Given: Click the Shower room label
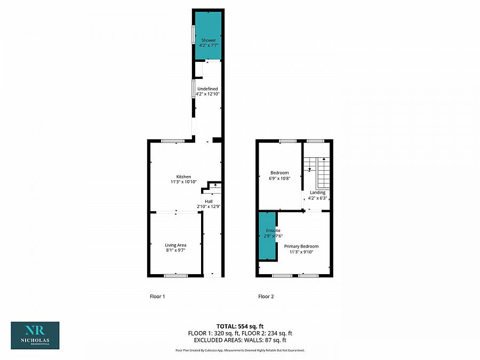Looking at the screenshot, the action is pos(209,40).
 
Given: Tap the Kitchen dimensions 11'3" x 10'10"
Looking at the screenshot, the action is pos(183,182).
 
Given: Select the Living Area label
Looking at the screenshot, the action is pos(175,245).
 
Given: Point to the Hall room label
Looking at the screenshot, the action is pos(209,201).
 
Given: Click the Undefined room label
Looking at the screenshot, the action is pos(207,89).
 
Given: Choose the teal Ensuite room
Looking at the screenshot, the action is pos(268,236).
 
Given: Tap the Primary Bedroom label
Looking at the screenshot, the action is pos(301,246).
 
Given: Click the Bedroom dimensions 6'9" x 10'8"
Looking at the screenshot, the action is pos(279,178).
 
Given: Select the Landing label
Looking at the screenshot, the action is pos(317,193).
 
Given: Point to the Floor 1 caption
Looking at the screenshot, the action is pos(157,297).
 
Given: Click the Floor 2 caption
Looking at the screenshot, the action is pos(266,297).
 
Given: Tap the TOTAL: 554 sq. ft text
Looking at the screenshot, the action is pos(240,326).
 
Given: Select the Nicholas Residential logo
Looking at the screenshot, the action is pos(35,335).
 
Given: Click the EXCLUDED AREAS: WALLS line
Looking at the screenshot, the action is pos(240,340).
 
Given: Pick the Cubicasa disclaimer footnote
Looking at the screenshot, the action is pos(240,350).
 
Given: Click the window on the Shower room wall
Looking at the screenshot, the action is pos(194,34).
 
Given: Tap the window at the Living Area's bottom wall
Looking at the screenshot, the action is pos(175,276).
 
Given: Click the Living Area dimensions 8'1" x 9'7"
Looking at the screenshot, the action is pos(175,251).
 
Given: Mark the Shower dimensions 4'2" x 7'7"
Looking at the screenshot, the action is pos(209,45).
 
